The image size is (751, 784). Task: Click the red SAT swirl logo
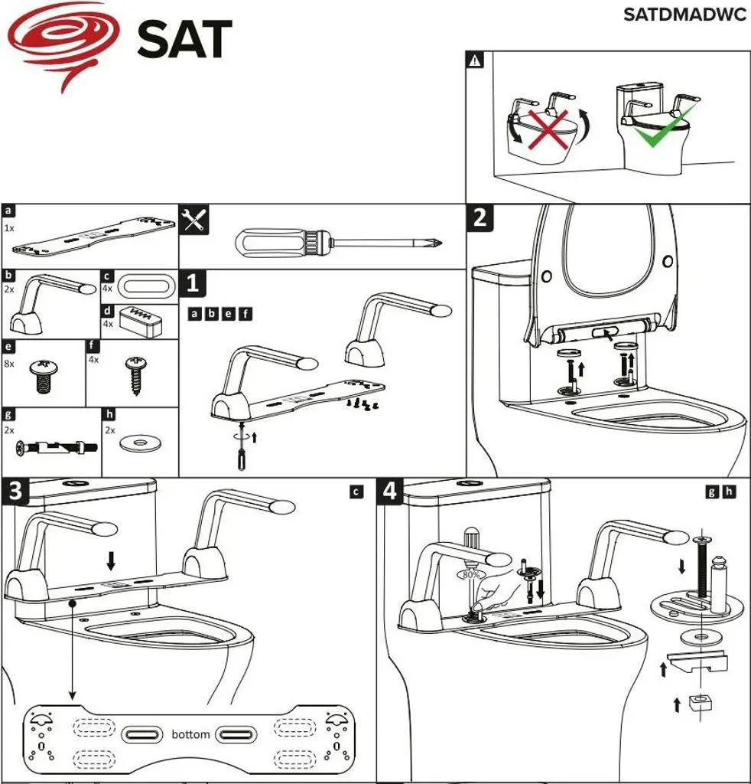(64, 43)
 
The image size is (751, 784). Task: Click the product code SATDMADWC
(684, 15)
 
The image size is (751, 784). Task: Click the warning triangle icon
(475, 60)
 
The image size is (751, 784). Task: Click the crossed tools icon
(193, 220)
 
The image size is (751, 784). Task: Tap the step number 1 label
(193, 283)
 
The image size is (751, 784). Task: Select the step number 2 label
(480, 218)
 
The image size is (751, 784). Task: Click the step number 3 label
(15, 491)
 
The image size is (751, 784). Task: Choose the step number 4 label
(389, 491)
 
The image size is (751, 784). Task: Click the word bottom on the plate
(190, 734)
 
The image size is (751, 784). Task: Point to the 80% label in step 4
(470, 575)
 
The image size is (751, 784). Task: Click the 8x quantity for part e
(9, 364)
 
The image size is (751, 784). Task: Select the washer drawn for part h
(140, 443)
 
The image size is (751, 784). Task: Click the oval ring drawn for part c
(148, 287)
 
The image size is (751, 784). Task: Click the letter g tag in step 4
(711, 492)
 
